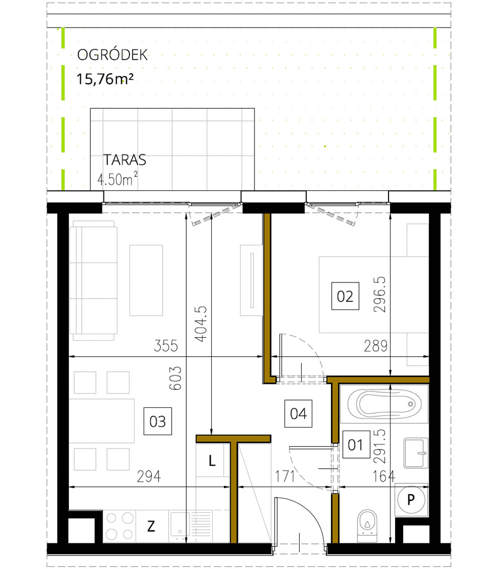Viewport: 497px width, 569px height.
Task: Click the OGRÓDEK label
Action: tap(112, 55)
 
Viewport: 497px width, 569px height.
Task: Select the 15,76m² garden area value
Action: tap(105, 79)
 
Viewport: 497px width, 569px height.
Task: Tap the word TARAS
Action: tap(125, 160)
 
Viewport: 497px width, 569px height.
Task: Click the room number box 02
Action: tap(345, 296)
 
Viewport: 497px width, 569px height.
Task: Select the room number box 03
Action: tap(158, 421)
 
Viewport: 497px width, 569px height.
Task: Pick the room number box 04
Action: tap(298, 413)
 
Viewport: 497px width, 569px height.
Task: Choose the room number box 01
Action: tap(355, 445)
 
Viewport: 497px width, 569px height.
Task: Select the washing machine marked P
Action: tap(411, 500)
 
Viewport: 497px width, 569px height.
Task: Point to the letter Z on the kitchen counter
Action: tap(151, 526)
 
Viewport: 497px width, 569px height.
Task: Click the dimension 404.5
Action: tap(201, 324)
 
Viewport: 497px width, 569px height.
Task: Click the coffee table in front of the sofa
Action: tap(146, 280)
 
